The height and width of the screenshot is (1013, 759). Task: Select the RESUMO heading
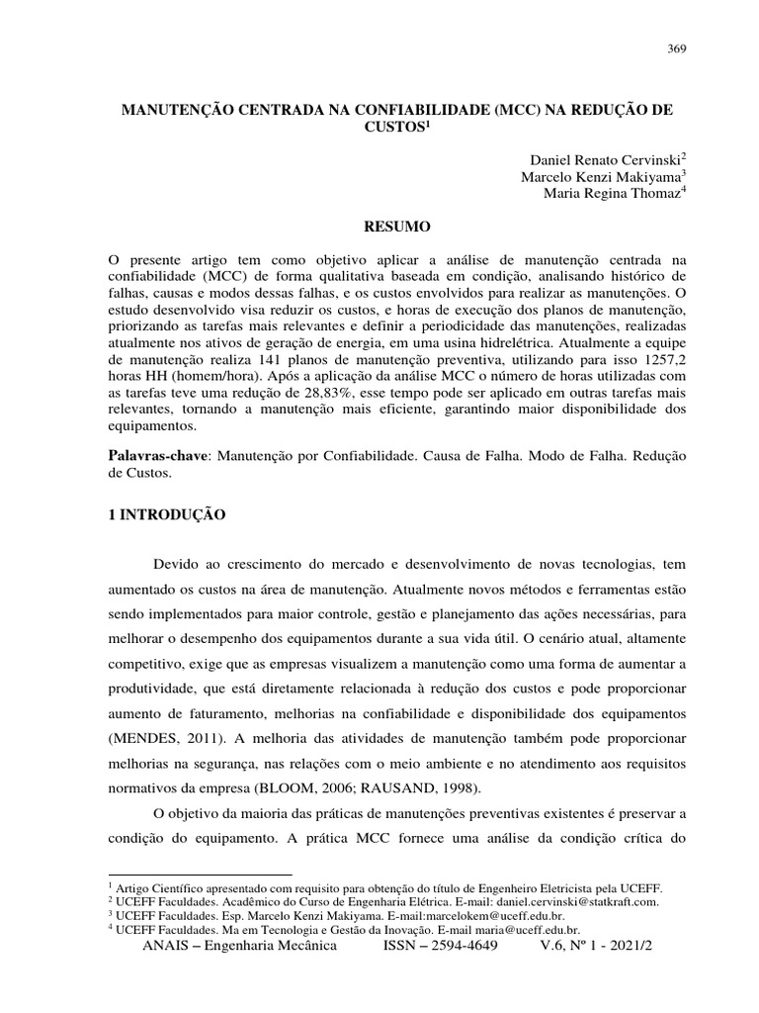pyautogui.click(x=396, y=228)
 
